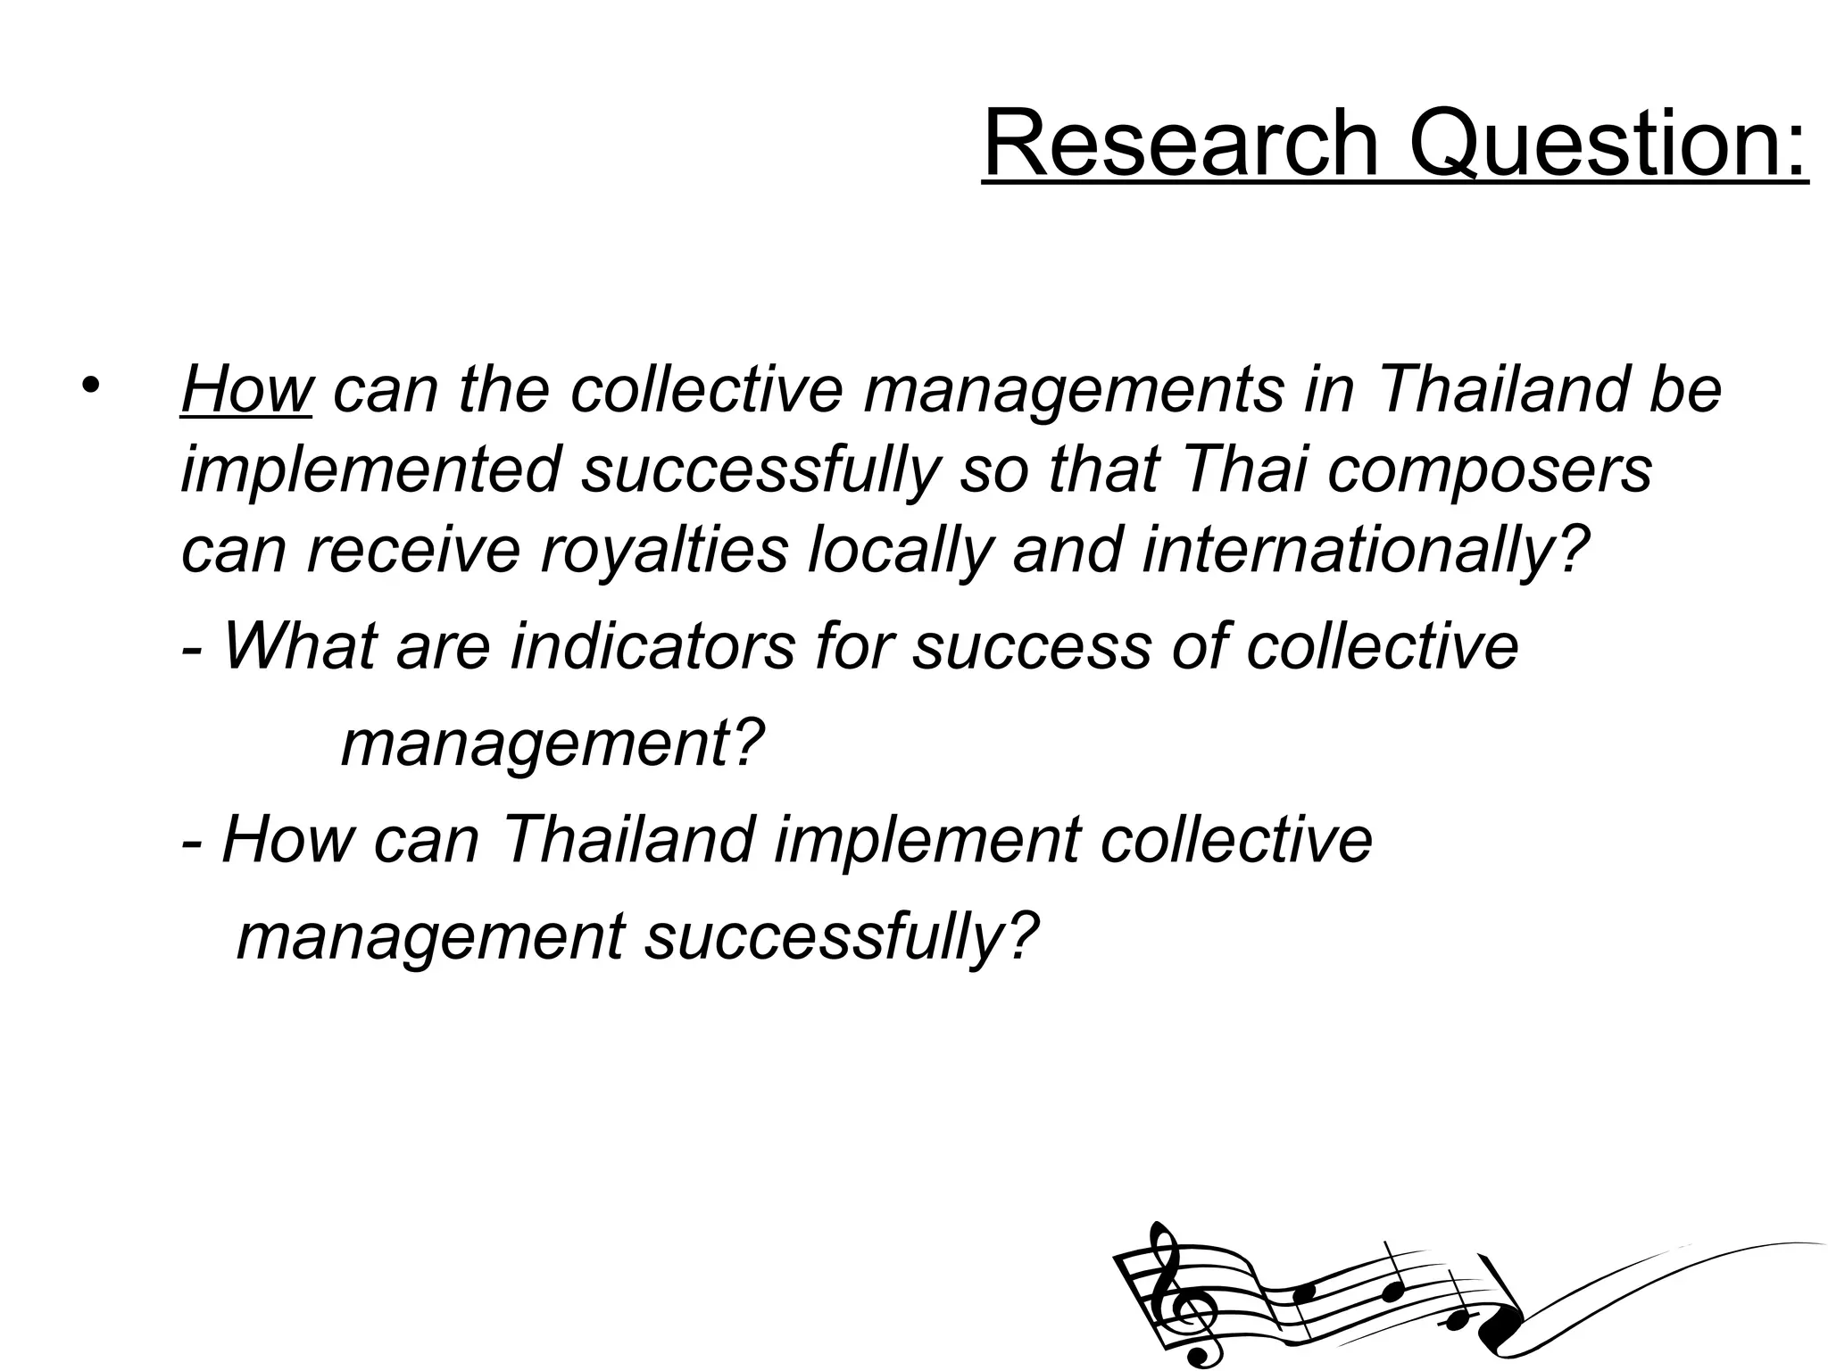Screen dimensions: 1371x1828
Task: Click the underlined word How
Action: tap(246, 389)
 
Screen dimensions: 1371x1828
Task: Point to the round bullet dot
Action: tap(90, 386)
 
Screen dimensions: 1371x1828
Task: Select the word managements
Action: tap(1072, 391)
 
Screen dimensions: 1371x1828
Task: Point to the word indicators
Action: tap(652, 645)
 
